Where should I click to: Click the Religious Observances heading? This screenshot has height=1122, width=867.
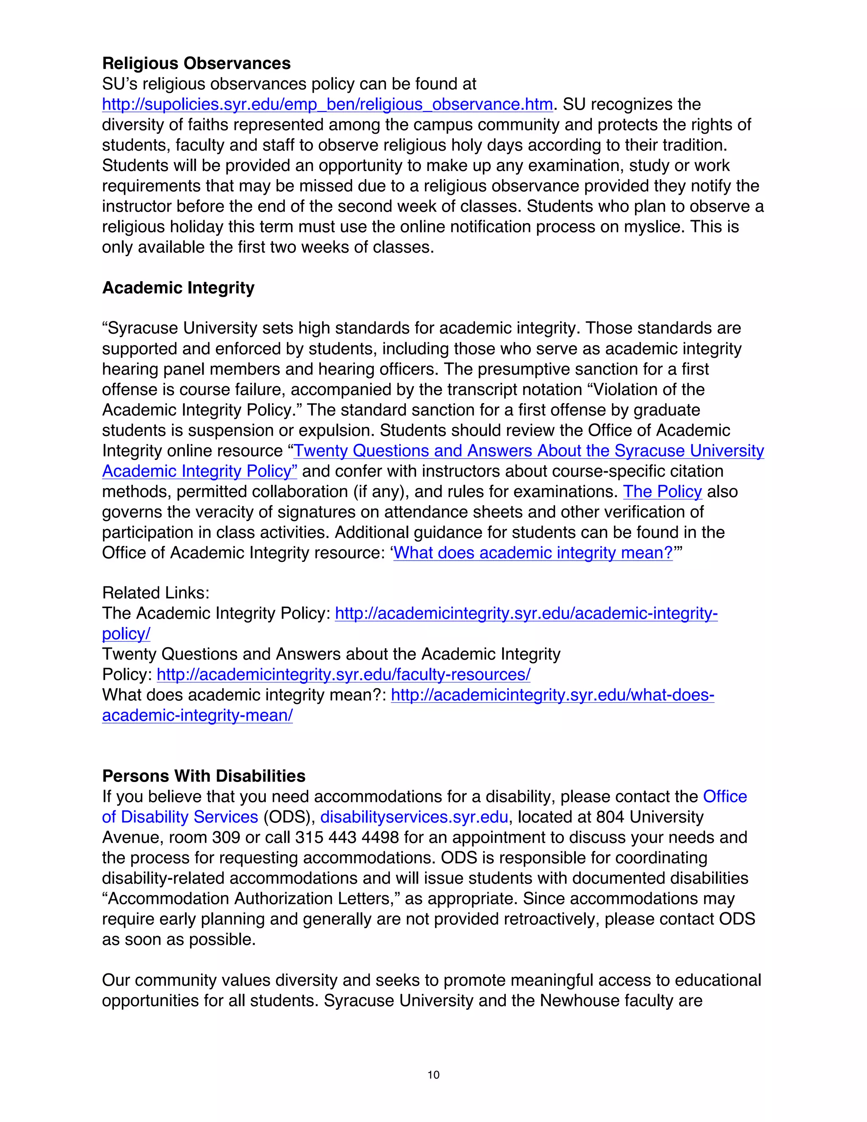coord(196,63)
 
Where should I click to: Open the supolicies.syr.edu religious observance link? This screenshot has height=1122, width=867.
coord(327,104)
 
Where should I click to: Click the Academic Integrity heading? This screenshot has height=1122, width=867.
coord(178,287)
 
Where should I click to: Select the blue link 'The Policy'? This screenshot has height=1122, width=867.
coord(662,492)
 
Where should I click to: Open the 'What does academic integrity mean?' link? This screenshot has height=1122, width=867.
coord(533,553)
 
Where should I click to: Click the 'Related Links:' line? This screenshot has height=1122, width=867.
coord(156,593)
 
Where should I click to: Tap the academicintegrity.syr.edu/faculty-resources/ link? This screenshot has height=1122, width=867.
coord(343,674)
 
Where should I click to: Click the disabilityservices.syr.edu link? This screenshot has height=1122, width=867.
coord(414,817)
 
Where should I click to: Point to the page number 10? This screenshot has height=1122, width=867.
coord(433,1075)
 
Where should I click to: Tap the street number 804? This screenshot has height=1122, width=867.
coord(610,817)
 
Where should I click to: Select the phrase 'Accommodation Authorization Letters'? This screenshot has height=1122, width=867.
coord(249,898)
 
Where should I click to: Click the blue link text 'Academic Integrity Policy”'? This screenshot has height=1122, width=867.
coord(199,471)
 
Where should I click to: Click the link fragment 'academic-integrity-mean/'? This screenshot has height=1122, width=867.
coord(197,716)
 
